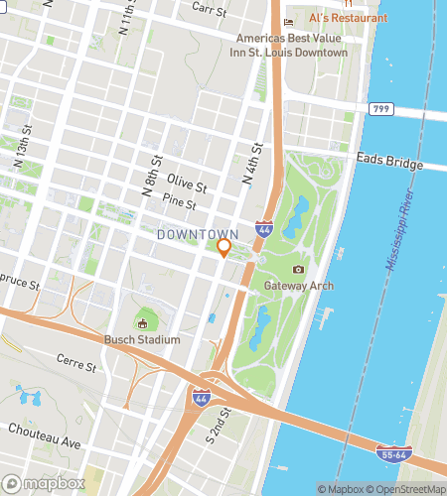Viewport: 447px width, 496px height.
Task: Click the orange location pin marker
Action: (224, 247)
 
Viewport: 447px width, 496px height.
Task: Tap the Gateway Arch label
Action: (299, 286)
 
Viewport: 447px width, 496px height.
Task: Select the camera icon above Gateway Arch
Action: (299, 269)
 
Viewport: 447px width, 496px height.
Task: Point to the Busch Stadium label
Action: (142, 339)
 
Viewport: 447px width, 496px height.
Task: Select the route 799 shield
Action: (381, 108)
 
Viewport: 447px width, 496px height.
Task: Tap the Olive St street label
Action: (186, 185)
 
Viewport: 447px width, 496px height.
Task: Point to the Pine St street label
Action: (180, 201)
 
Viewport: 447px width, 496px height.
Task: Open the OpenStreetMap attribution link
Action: (405, 488)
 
